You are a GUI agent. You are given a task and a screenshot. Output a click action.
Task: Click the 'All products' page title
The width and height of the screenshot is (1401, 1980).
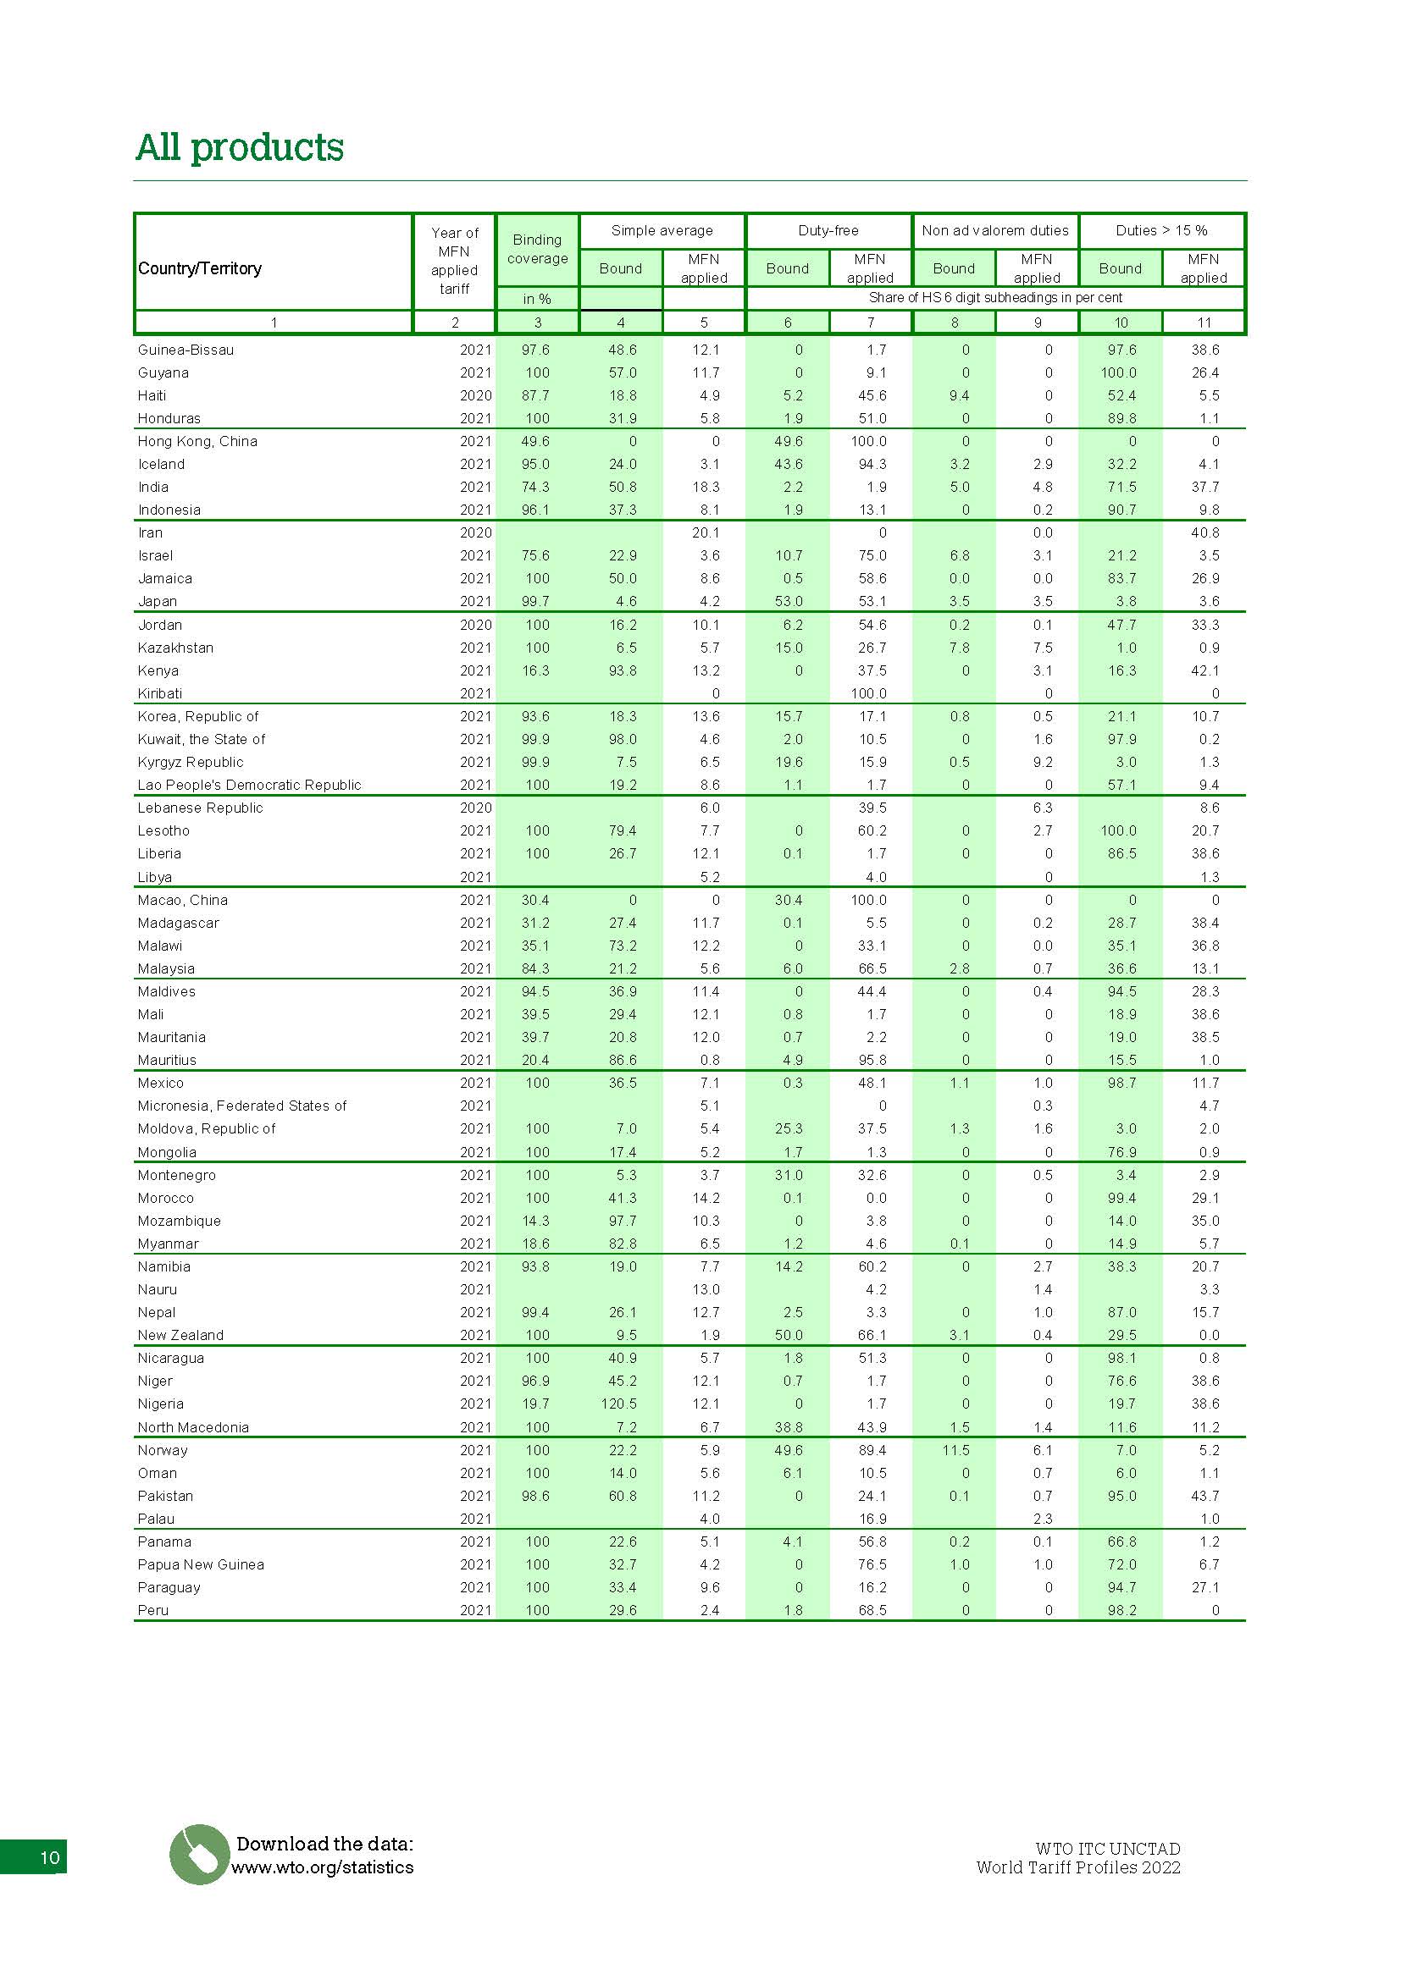[240, 147]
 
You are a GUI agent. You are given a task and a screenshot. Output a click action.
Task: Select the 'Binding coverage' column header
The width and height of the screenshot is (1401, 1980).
[538, 249]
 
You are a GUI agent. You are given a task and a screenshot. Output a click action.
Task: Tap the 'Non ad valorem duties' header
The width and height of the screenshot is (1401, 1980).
[994, 230]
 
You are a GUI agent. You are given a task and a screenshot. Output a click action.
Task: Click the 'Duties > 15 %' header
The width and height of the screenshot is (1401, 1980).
[1161, 230]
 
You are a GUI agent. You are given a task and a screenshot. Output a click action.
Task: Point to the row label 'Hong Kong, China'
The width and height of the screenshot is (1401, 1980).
[197, 442]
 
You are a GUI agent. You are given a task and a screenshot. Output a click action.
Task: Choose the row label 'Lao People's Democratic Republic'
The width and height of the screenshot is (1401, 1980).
[249, 785]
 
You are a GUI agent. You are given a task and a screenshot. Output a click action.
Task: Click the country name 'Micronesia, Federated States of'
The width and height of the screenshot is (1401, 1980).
[242, 1106]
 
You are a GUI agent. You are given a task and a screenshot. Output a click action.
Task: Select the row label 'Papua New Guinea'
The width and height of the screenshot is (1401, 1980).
[201, 1564]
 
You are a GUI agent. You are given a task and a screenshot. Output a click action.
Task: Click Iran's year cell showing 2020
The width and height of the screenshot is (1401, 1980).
[475, 533]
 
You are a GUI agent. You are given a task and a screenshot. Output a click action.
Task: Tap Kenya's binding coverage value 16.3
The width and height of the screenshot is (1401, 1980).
[535, 670]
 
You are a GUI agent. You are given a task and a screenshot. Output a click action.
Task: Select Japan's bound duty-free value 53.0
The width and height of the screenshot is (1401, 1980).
[789, 601]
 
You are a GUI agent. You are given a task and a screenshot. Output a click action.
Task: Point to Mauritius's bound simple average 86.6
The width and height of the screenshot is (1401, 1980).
[622, 1060]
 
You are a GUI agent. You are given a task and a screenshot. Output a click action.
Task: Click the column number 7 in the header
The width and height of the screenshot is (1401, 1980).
[871, 323]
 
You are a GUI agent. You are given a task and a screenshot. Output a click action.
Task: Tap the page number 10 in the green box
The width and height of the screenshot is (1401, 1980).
[49, 1856]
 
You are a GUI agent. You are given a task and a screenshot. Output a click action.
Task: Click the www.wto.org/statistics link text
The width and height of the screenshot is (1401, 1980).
[322, 1867]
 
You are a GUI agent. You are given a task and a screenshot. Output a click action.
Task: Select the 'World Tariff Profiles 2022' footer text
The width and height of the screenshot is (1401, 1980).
[1078, 1868]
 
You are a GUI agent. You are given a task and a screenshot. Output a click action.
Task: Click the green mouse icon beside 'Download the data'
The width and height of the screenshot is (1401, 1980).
[199, 1854]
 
